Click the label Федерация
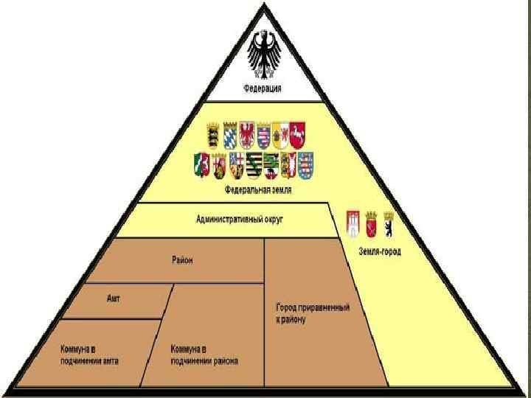coord(263,90)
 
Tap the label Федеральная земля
coord(259,189)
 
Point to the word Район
coord(182,259)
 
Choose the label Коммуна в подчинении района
coord(204,355)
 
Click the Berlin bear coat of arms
coord(388,223)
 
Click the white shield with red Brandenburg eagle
coord(247,134)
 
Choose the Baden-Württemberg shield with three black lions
coord(212,136)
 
